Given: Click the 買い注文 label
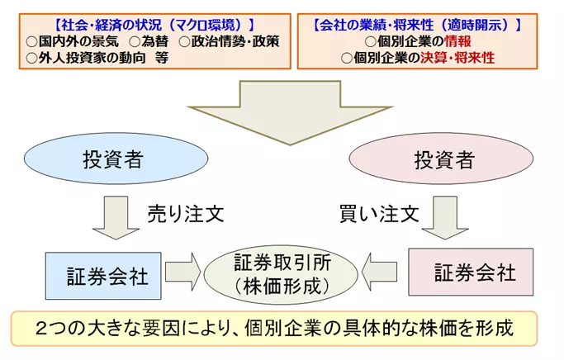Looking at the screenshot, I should point(379,214).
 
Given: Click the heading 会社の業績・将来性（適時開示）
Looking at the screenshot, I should point(417,25).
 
